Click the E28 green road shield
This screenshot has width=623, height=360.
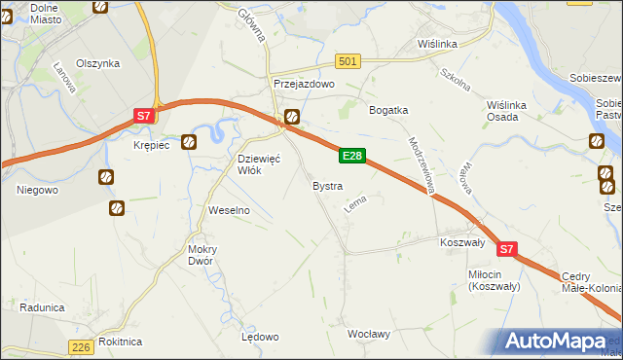[x=352, y=156]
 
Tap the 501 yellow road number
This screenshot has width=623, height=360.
[x=348, y=61]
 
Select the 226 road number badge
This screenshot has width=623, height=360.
[x=83, y=347]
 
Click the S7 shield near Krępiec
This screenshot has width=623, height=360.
[x=143, y=116]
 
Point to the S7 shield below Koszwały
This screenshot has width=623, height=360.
[x=506, y=250]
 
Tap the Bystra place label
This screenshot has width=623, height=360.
[x=326, y=185]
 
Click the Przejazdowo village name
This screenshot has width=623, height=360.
[x=304, y=85]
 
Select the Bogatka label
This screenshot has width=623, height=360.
[x=387, y=110]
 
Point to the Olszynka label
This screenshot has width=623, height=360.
[x=97, y=63]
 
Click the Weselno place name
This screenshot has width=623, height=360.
[x=230, y=210]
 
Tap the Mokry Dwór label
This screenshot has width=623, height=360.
[x=202, y=254]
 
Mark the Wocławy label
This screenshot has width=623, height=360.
[x=369, y=334]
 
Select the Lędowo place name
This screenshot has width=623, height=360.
[x=260, y=337]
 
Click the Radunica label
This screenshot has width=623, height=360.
[x=41, y=307]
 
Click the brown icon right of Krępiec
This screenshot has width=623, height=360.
[x=189, y=142]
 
